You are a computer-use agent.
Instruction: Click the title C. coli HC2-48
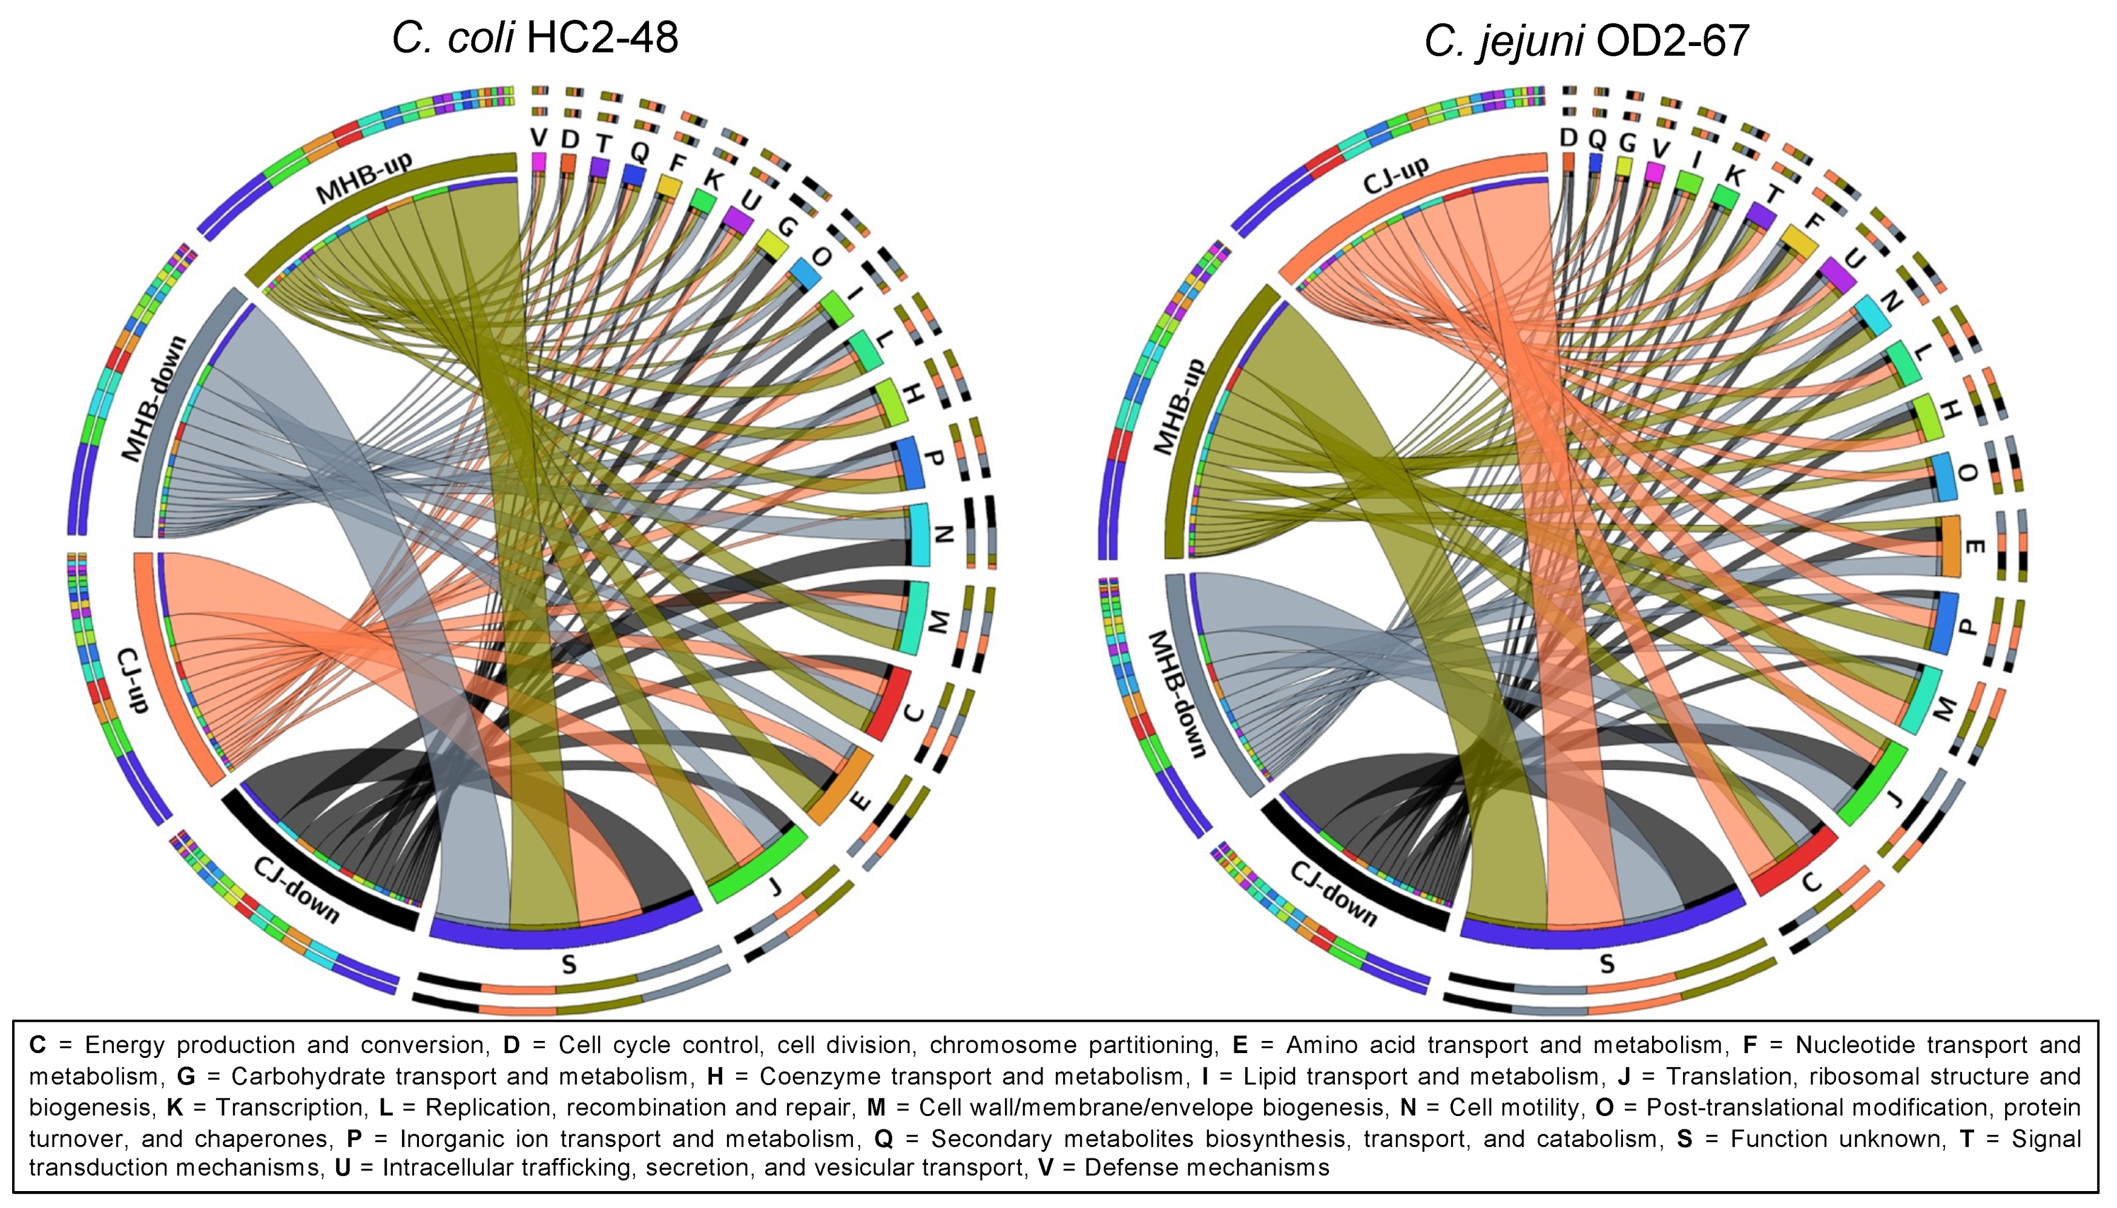pos(535,38)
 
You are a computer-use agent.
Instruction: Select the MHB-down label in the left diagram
pos(154,398)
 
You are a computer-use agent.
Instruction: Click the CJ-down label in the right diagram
pos(1333,893)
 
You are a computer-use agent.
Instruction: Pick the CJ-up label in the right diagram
pos(1396,176)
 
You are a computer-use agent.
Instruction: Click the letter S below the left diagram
pos(568,964)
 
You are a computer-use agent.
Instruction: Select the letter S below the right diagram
pos(1607,964)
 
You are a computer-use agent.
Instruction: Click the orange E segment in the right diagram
pos(1951,546)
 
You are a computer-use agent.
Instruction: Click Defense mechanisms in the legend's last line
pos(1207,1167)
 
